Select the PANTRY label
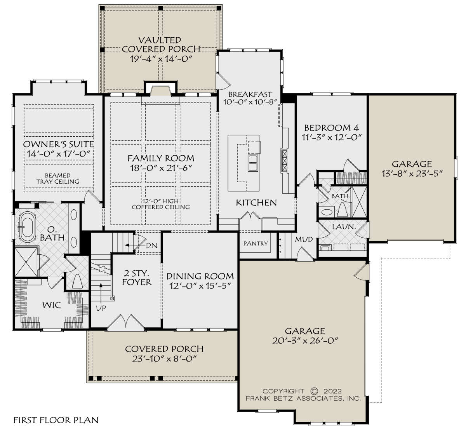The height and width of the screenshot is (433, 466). tap(256, 243)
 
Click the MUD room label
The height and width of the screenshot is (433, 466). tap(304, 239)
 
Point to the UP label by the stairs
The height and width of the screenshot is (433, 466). tap(101, 308)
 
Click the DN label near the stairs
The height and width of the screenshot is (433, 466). tap(151, 245)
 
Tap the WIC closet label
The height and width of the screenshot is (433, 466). tap(51, 305)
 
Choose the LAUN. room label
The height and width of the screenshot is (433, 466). tap(344, 227)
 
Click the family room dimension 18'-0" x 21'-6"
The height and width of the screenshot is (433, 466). tap(161, 168)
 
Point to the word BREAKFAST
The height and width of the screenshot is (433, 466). tap(250, 94)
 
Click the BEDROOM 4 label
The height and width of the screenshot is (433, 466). tap(332, 128)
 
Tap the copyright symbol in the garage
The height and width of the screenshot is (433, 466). tap(314, 391)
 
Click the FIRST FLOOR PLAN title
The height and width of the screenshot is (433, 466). tap(56, 420)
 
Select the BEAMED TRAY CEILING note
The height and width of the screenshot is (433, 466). tap(58, 178)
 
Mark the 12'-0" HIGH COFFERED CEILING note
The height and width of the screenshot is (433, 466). tap(161, 204)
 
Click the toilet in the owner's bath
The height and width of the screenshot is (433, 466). tap(77, 281)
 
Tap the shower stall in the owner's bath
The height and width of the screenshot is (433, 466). tap(26, 262)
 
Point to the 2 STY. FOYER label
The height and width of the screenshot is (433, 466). tap(137, 278)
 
